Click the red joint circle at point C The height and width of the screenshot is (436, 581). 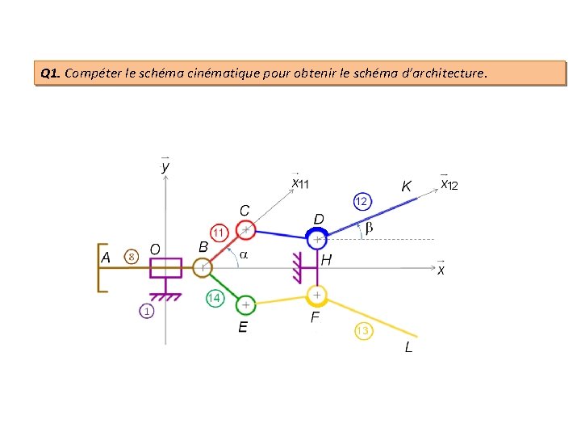pos(246,230)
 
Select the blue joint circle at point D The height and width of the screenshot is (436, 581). pos(316,239)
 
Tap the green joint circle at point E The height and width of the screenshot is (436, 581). pos(245,305)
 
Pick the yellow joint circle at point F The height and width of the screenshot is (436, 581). pos(318,295)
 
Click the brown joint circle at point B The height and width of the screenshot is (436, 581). pos(203,266)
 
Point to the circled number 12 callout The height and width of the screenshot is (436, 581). pos(362,200)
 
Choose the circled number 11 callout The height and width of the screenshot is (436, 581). pos(219,232)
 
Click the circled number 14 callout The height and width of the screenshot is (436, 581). pos(215,298)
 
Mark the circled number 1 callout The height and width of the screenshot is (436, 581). pos(146,310)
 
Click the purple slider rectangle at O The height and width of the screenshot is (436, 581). pos(166,266)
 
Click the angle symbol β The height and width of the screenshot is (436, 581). pos(369,228)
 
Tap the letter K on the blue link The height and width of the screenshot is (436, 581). pos(407,187)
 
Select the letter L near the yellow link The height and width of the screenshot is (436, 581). pos(408,347)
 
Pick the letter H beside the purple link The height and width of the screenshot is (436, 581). pos(326,260)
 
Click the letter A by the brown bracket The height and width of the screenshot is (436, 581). pos(105,258)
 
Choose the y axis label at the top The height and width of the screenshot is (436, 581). pos(165,166)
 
